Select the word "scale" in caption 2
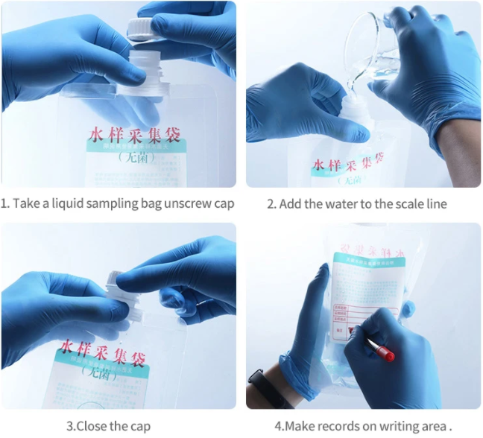coord(403,203)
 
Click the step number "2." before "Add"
coord(271,203)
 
